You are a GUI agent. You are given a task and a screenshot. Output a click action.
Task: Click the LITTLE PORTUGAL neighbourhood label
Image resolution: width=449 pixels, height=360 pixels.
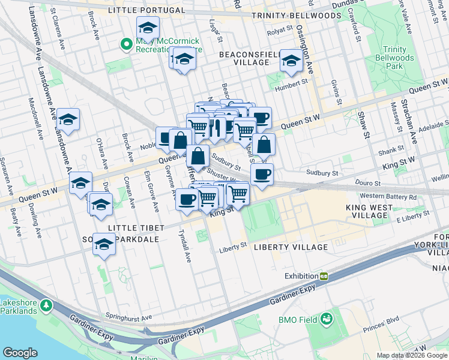tap(146, 11)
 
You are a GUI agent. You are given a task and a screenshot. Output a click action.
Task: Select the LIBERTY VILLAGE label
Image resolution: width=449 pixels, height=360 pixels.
tap(291, 247)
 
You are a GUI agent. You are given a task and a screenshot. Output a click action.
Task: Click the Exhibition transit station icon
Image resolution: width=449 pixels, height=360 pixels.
tap(324, 276)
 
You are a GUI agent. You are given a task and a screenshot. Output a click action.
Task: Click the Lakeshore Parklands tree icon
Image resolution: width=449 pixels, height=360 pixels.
tap(46, 307)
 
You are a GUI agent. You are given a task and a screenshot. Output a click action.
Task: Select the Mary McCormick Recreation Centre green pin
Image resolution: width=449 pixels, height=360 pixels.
tap(127, 44)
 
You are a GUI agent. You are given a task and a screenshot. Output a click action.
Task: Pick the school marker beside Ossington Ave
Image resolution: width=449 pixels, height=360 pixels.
tap(292, 61)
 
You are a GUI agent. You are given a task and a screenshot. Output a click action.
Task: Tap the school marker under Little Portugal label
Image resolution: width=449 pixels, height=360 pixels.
tap(147, 27)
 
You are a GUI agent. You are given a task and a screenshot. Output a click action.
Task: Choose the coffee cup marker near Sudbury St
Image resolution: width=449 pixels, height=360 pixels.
tap(261, 175)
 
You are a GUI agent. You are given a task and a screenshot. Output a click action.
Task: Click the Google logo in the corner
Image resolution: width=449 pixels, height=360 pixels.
tap(20, 353)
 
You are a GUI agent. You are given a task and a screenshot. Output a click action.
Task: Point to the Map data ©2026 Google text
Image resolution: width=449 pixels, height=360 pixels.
tap(411, 355)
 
